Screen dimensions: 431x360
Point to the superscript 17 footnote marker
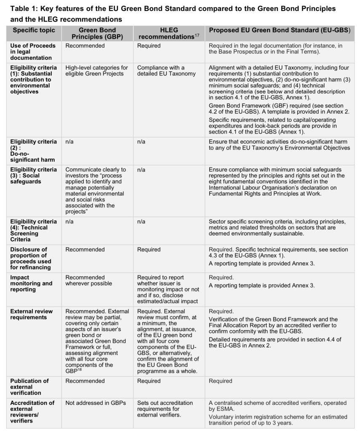[197, 35]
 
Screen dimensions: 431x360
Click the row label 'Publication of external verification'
[29, 387]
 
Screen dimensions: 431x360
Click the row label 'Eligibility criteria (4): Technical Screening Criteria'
[33, 230]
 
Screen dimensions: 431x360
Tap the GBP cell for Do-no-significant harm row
[69, 142]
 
